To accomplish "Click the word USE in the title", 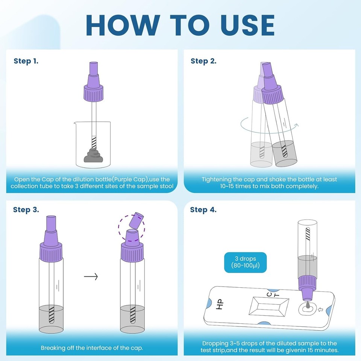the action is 247,25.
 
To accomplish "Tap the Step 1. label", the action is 26,61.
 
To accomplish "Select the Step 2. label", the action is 203,61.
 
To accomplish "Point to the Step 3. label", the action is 26,210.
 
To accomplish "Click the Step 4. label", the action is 203,210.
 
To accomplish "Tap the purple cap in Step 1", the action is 94,82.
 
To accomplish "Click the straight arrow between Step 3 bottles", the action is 91,276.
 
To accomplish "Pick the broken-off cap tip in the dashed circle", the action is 136,220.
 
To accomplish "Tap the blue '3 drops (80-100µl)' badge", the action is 246,262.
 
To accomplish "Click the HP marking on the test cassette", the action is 220,304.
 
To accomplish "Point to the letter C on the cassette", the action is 269,294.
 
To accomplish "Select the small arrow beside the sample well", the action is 320,309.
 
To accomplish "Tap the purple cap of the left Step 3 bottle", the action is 51,240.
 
